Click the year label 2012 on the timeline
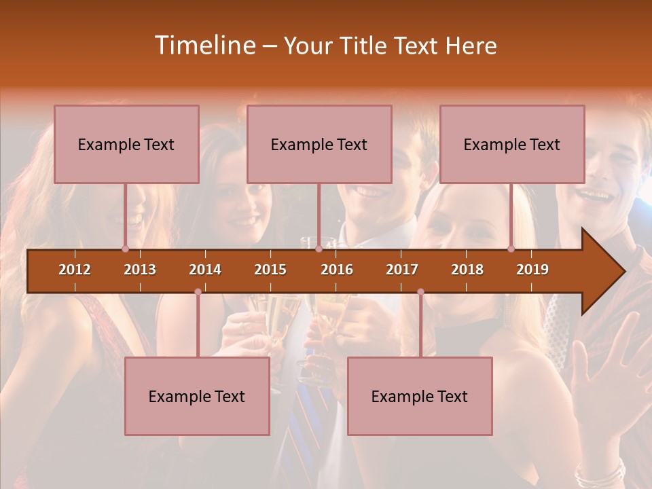click(75, 270)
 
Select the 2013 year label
click(140, 270)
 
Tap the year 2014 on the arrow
click(205, 270)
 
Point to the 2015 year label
click(270, 270)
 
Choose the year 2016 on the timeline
click(337, 270)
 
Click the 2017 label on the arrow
click(402, 270)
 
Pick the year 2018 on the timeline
click(467, 270)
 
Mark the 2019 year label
click(532, 270)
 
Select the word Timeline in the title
click(204, 46)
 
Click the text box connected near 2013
click(126, 144)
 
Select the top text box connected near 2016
click(319, 144)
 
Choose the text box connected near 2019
click(512, 144)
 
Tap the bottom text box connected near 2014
click(197, 396)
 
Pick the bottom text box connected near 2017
click(420, 396)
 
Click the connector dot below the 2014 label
click(198, 292)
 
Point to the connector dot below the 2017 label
click(420, 292)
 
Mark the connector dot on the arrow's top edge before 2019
click(511, 249)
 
